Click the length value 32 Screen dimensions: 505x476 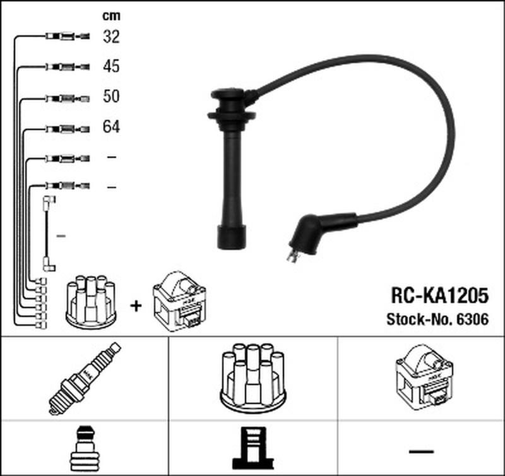coord(112,37)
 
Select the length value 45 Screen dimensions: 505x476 coord(112,66)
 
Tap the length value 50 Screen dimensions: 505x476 coord(112,97)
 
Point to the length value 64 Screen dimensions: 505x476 coord(112,126)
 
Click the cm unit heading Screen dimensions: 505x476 coord(112,16)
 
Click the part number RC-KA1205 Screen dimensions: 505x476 coord(439,295)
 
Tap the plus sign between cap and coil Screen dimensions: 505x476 coord(136,306)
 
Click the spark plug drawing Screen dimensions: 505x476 coord(85,378)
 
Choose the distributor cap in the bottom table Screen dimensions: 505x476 coord(253,378)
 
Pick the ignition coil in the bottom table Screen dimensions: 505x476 coord(424,378)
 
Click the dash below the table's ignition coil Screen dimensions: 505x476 coord(421,451)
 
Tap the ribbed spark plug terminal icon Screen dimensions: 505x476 coord(85,449)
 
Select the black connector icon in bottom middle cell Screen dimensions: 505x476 coord(253,448)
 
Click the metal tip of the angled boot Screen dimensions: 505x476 coord(292,256)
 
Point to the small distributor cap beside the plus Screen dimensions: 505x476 coord(91,302)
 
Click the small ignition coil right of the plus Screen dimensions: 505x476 coord(179,301)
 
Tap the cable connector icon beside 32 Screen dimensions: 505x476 coord(68,36)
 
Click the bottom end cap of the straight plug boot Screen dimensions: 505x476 coord(232,237)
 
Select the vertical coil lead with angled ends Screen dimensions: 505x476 coord(49,233)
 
